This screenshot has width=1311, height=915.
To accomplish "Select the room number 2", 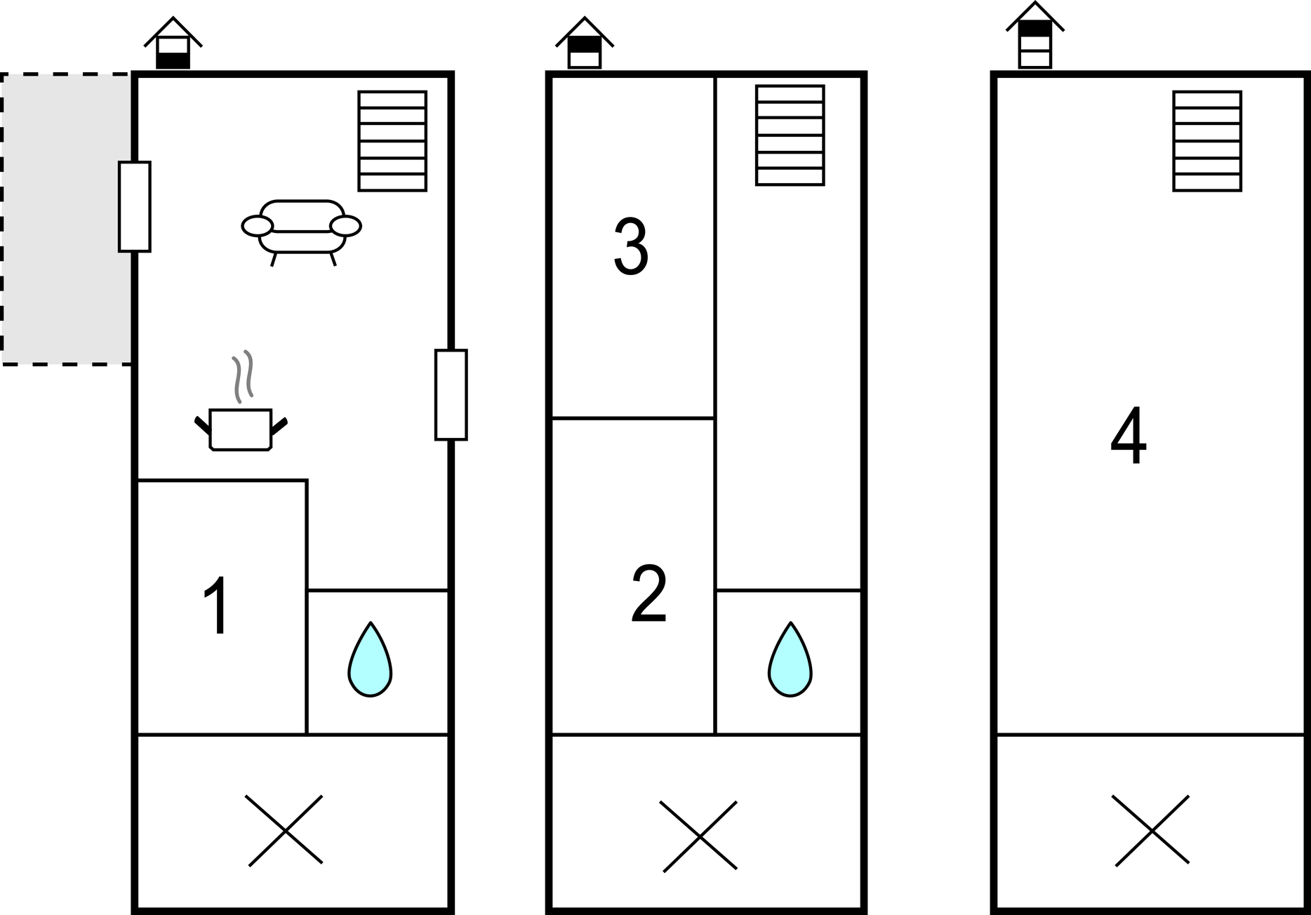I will click(648, 594).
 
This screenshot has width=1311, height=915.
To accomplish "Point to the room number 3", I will click(631, 246).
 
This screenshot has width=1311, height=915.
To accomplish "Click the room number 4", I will click(1129, 436).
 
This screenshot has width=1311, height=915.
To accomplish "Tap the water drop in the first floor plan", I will click(370, 660).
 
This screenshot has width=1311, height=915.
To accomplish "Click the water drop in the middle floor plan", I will click(790, 660).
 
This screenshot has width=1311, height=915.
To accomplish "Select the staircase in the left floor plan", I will click(392, 141).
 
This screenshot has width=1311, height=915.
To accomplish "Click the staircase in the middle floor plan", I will click(790, 135).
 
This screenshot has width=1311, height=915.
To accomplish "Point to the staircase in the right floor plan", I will click(1207, 141).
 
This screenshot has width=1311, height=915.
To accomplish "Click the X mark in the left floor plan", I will click(286, 831).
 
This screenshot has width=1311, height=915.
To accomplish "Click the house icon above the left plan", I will click(173, 44).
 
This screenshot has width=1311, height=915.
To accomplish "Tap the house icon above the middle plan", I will click(585, 44).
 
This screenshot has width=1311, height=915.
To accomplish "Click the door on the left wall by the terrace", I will click(134, 206).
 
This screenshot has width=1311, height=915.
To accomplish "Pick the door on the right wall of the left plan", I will click(451, 394).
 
